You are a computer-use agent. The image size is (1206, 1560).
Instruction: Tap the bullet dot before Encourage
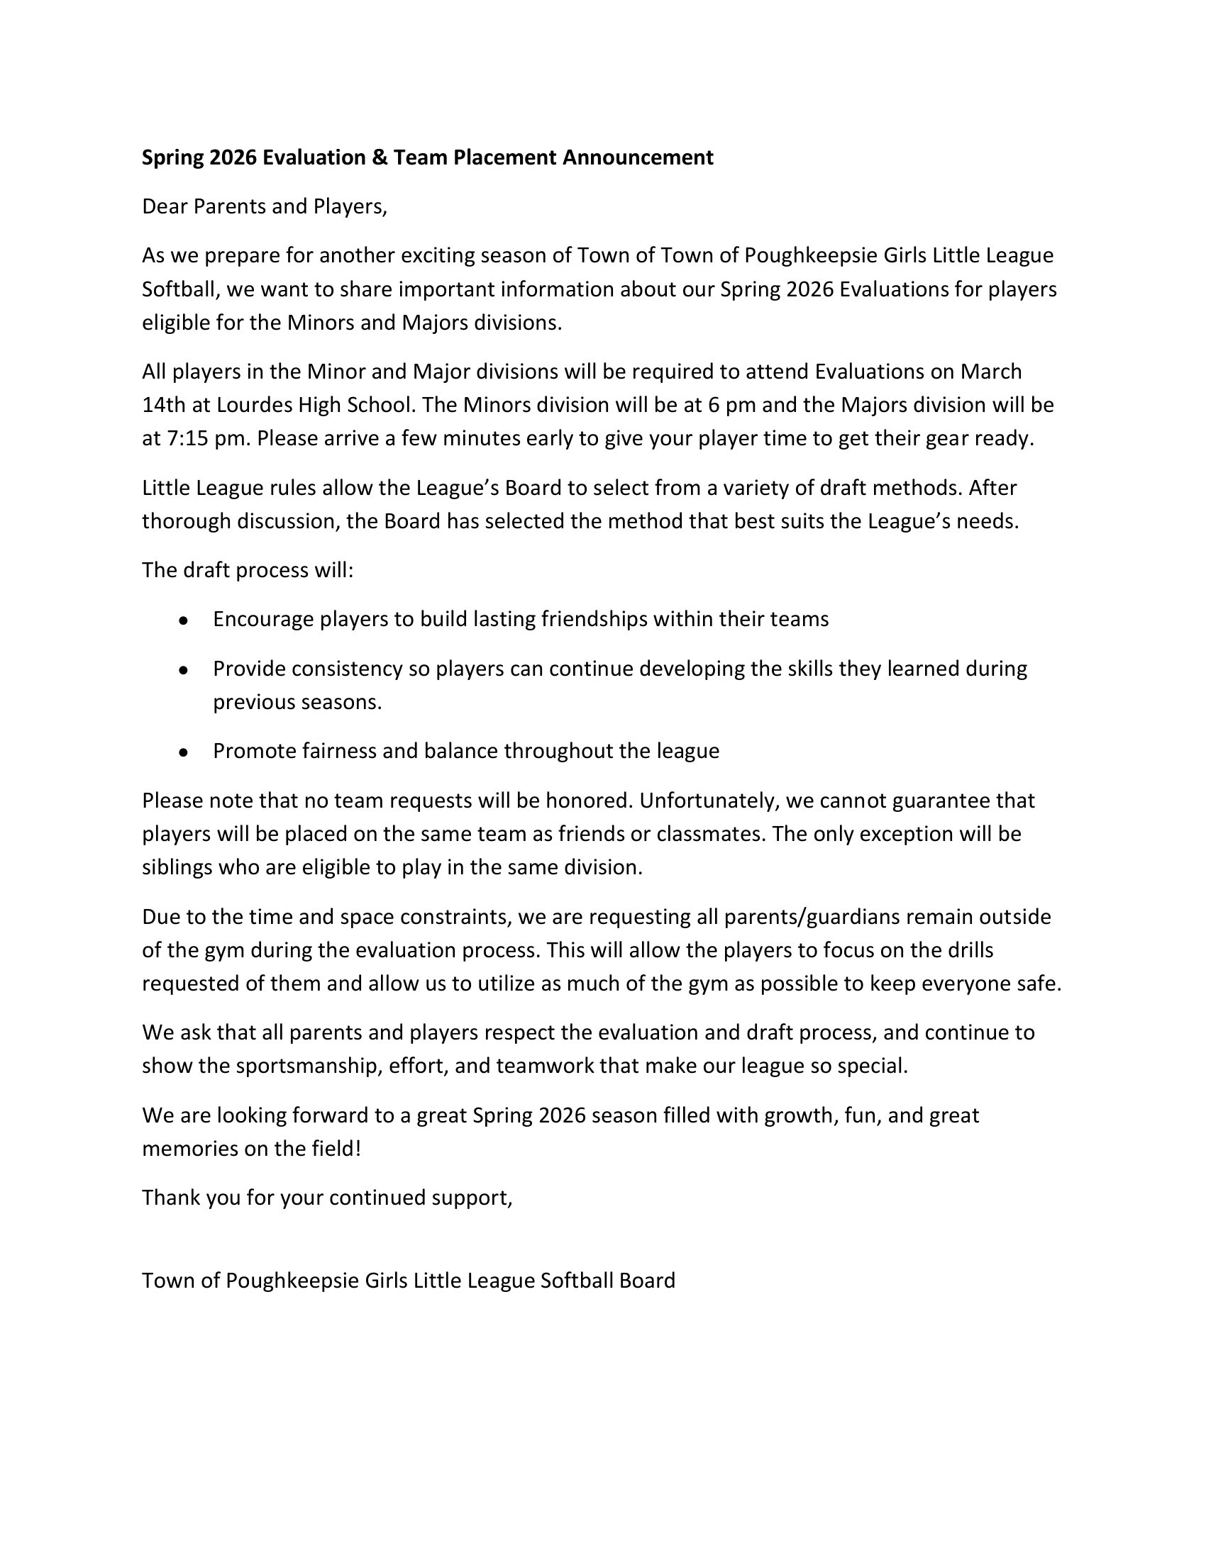tap(184, 620)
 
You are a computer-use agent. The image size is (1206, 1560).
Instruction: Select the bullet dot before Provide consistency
tap(184, 671)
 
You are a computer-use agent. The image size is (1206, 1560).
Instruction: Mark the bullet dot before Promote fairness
tap(184, 753)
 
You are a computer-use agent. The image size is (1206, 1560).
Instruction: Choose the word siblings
tap(177, 867)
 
